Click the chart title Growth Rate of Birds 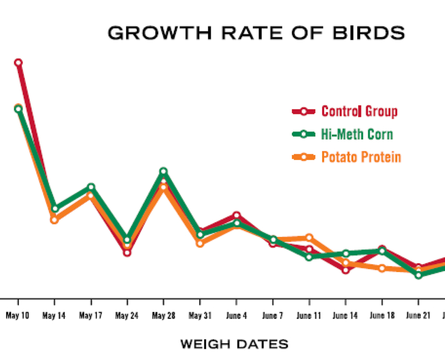pos(256,33)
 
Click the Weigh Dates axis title pos(234,345)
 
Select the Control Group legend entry pos(359,111)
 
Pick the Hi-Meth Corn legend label pos(357,134)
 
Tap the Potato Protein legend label pos(361,157)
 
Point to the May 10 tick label pos(18,316)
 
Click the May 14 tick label pos(54,316)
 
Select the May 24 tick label pos(127,316)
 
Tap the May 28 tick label pos(163,316)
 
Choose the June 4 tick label pos(236,316)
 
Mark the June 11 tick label pos(309,316)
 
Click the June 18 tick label pos(382,316)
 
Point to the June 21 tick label pos(418,316)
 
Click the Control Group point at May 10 pos(18,63)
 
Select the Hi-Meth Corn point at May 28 pos(163,171)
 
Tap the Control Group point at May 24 pos(127,253)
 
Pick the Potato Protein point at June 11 pos(309,238)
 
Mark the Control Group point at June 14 pos(345,270)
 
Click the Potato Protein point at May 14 pos(54,219)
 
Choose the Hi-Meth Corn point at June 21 pos(418,275)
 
